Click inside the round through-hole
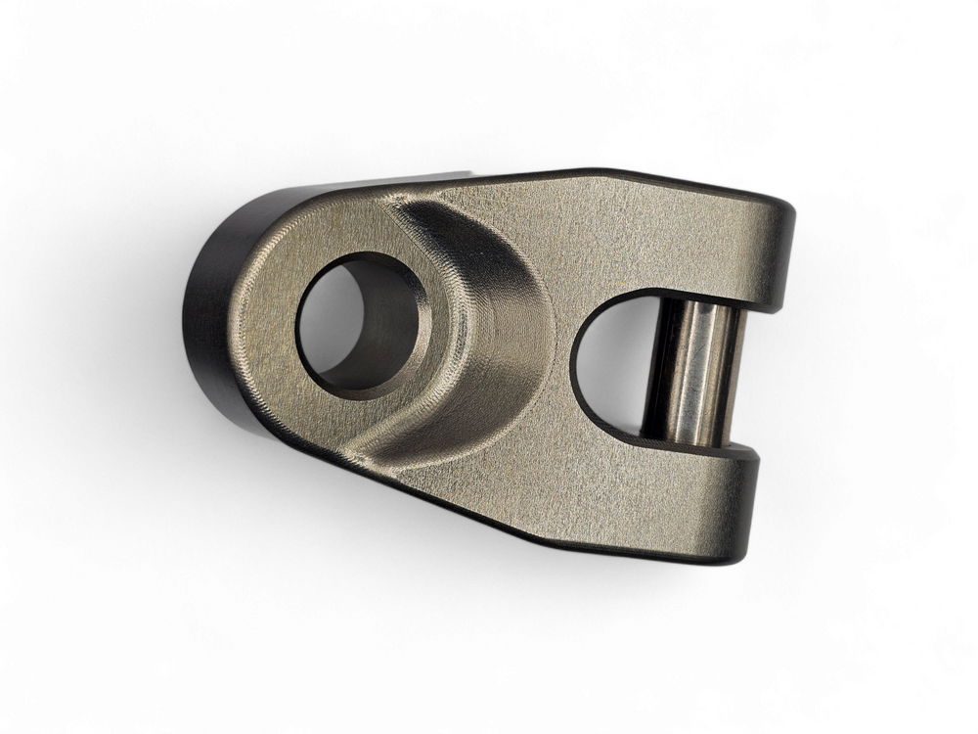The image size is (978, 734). click(x=333, y=323)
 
